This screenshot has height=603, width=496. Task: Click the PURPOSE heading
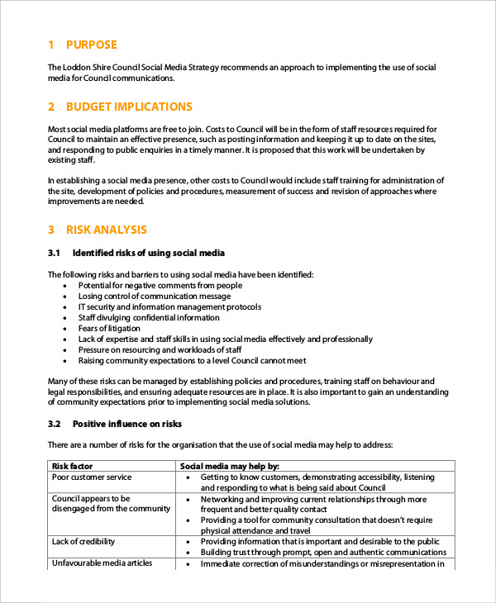pyautogui.click(x=91, y=45)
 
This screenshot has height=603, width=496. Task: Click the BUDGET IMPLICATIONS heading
pyautogui.click(x=128, y=107)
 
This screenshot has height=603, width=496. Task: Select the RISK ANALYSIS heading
pyautogui.click(x=107, y=230)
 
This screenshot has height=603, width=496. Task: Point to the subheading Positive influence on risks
pyautogui.click(x=126, y=424)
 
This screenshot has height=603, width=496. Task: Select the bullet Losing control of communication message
pyautogui.click(x=155, y=296)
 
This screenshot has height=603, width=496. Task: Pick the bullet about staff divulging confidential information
pyautogui.click(x=149, y=317)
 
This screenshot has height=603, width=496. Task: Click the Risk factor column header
pyautogui.click(x=71, y=466)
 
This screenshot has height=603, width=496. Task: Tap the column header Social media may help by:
pyautogui.click(x=230, y=466)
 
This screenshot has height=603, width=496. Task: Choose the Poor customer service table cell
pyautogui.click(x=92, y=477)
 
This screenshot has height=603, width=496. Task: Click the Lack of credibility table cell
pyautogui.click(x=83, y=542)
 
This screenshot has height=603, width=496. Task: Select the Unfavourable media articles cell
pyautogui.click(x=102, y=563)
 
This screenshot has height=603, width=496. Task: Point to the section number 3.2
pyautogui.click(x=55, y=424)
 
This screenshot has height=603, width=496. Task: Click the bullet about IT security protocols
pyautogui.click(x=168, y=306)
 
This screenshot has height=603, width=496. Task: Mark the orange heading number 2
pyautogui.click(x=51, y=107)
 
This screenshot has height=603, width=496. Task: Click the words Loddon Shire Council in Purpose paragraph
pyautogui.click(x=99, y=68)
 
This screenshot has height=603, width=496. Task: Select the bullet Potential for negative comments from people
pyautogui.click(x=160, y=285)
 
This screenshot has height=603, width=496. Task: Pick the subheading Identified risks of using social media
pyautogui.click(x=149, y=253)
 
